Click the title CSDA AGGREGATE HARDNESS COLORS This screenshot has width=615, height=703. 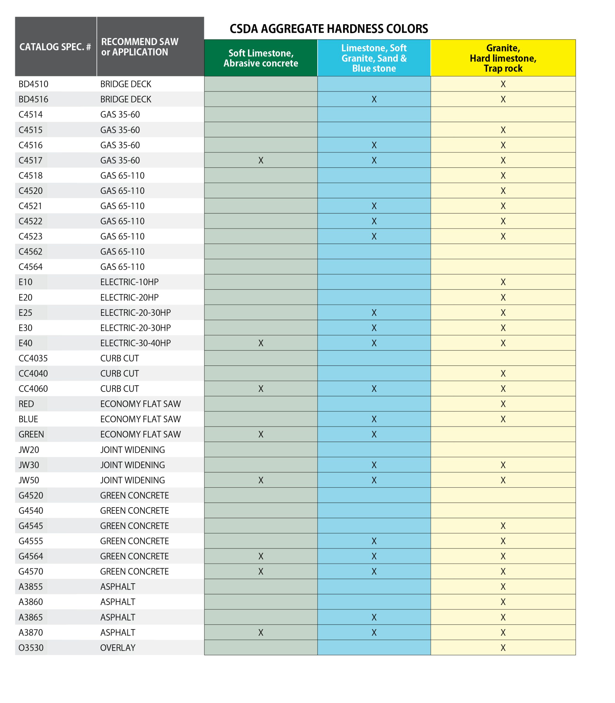(329, 29)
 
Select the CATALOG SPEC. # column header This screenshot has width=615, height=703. (55, 47)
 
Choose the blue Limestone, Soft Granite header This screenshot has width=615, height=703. (374, 58)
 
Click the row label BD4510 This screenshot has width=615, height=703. (33, 84)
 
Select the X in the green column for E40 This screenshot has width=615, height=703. (261, 343)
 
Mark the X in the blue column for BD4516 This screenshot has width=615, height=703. (374, 99)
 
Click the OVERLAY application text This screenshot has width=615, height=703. (118, 648)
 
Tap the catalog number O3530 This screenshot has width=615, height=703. (31, 648)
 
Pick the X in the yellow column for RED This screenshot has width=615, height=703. (503, 404)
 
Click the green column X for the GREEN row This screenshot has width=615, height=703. (261, 434)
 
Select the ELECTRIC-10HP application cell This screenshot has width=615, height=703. (129, 282)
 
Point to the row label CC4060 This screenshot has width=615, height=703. (33, 389)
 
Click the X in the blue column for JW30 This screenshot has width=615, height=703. (374, 465)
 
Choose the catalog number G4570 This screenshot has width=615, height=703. (31, 571)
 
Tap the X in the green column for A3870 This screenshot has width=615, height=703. (261, 632)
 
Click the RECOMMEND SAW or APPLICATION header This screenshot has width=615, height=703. (140, 47)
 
